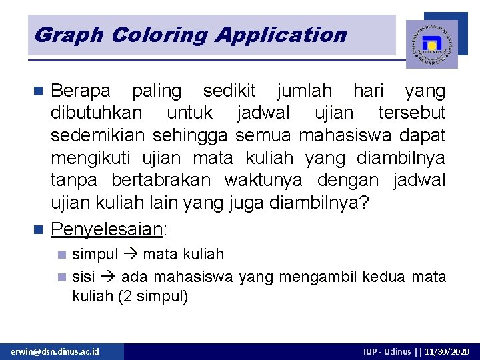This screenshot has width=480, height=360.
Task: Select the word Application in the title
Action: (x=281, y=35)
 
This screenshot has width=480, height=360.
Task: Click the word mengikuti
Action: (x=91, y=159)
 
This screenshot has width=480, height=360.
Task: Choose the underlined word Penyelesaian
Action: (x=107, y=229)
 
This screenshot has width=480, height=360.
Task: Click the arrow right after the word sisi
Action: (x=108, y=277)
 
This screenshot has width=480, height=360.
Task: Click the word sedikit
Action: (x=228, y=91)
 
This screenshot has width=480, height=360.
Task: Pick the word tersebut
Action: (x=411, y=113)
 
